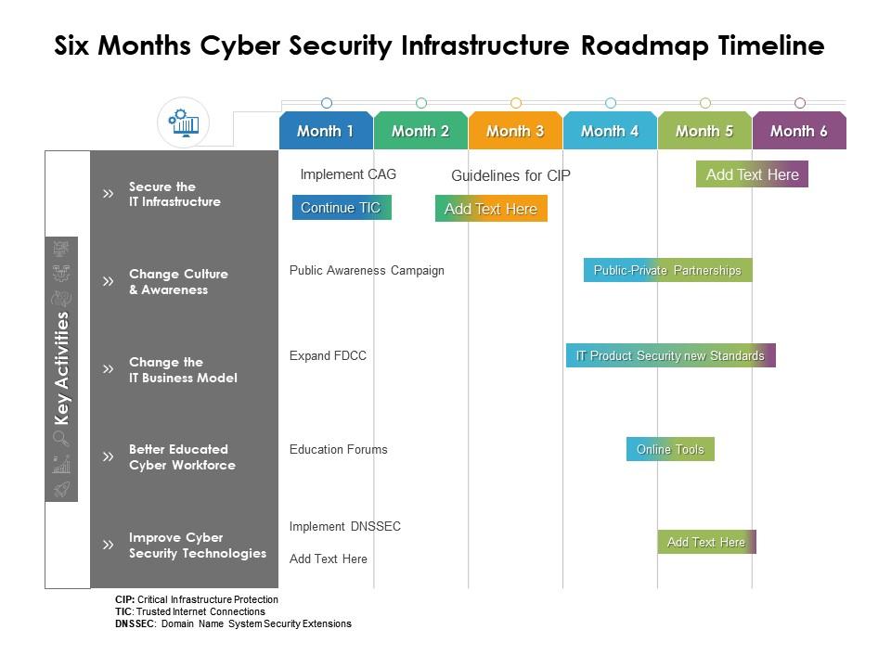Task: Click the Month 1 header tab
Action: pyautogui.click(x=326, y=131)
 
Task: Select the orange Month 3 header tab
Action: pyautogui.click(x=515, y=131)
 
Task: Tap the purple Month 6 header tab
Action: pyautogui.click(x=799, y=131)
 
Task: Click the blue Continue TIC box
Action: pyautogui.click(x=342, y=208)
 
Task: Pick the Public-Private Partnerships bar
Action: pyautogui.click(x=667, y=270)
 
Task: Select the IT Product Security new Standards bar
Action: pyautogui.click(x=670, y=355)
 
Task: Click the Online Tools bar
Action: pyautogui.click(x=670, y=449)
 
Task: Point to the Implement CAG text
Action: pyautogui.click(x=348, y=173)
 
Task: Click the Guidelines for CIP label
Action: pyautogui.click(x=510, y=175)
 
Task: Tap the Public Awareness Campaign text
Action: pyautogui.click(x=367, y=270)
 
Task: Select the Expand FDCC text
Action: pyautogui.click(x=328, y=355)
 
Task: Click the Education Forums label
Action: pyautogui.click(x=339, y=449)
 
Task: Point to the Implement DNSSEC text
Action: pyautogui.click(x=345, y=526)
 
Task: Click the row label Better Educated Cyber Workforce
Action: pyautogui.click(x=182, y=456)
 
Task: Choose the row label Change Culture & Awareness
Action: pyautogui.click(x=178, y=281)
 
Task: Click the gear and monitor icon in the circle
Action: pyautogui.click(x=184, y=122)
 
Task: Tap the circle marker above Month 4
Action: pyautogui.click(x=611, y=103)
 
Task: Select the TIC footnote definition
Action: pyautogui.click(x=190, y=611)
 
